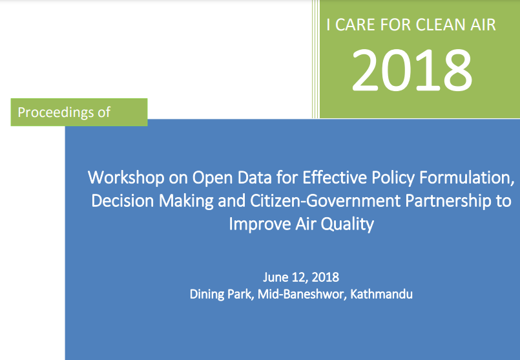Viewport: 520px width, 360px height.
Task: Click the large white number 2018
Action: pyautogui.click(x=412, y=70)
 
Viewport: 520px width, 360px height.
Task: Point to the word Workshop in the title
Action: pyautogui.click(x=126, y=178)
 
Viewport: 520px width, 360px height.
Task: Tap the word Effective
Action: pyautogui.click(x=335, y=178)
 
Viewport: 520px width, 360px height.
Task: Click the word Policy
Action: pyautogui.click(x=393, y=178)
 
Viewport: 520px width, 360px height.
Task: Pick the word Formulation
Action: pyautogui.click(x=467, y=178)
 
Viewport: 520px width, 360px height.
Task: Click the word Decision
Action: pyautogui.click(x=122, y=201)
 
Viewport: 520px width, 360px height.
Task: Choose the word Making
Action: pyautogui.click(x=186, y=202)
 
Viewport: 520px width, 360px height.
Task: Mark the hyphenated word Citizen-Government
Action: pyautogui.click(x=325, y=201)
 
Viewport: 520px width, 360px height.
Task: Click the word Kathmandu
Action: pyautogui.click(x=381, y=294)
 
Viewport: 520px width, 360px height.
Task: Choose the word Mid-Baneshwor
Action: pyautogui.click(x=302, y=294)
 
